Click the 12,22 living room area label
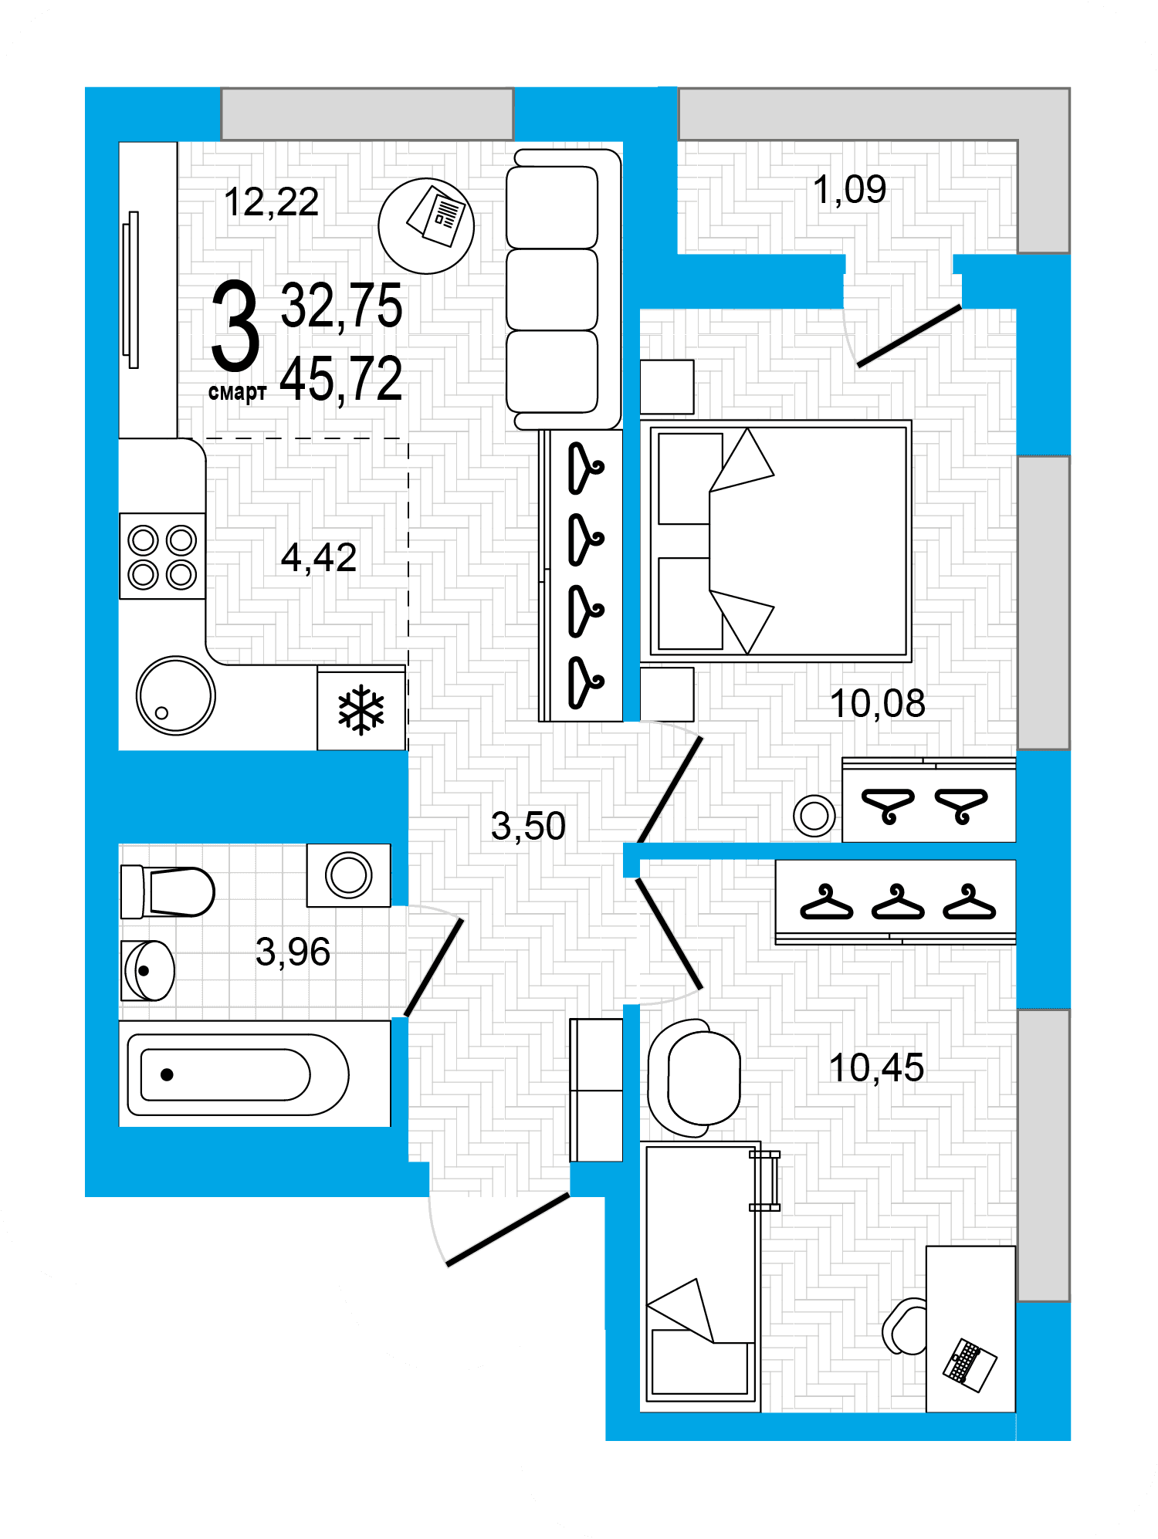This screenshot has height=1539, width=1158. pyautogui.click(x=271, y=202)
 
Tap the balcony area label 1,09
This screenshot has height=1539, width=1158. pyautogui.click(x=849, y=189)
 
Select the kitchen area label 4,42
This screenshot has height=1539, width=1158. pyautogui.click(x=318, y=557)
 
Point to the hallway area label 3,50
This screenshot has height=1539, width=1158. pyautogui.click(x=528, y=826)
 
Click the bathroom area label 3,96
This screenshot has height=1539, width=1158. pyautogui.click(x=293, y=952)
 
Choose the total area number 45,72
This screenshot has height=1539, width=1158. pyautogui.click(x=341, y=379)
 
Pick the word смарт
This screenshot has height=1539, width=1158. pyautogui.click(x=237, y=392)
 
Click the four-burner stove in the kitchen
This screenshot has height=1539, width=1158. pyautogui.click(x=162, y=556)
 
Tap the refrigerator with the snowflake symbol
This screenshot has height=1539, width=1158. pyautogui.click(x=361, y=709)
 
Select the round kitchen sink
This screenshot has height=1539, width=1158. pyautogui.click(x=176, y=695)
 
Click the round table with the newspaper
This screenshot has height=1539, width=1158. pyautogui.click(x=426, y=226)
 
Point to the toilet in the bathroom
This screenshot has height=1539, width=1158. pyautogui.click(x=168, y=891)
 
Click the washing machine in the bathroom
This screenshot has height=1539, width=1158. pyautogui.click(x=349, y=875)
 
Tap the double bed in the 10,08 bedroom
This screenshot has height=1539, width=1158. pyautogui.click(x=780, y=541)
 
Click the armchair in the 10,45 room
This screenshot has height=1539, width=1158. pyautogui.click(x=695, y=1078)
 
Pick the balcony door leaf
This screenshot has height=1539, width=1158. pyautogui.click(x=909, y=337)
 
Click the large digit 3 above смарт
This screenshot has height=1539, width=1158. pyautogui.click(x=235, y=326)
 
